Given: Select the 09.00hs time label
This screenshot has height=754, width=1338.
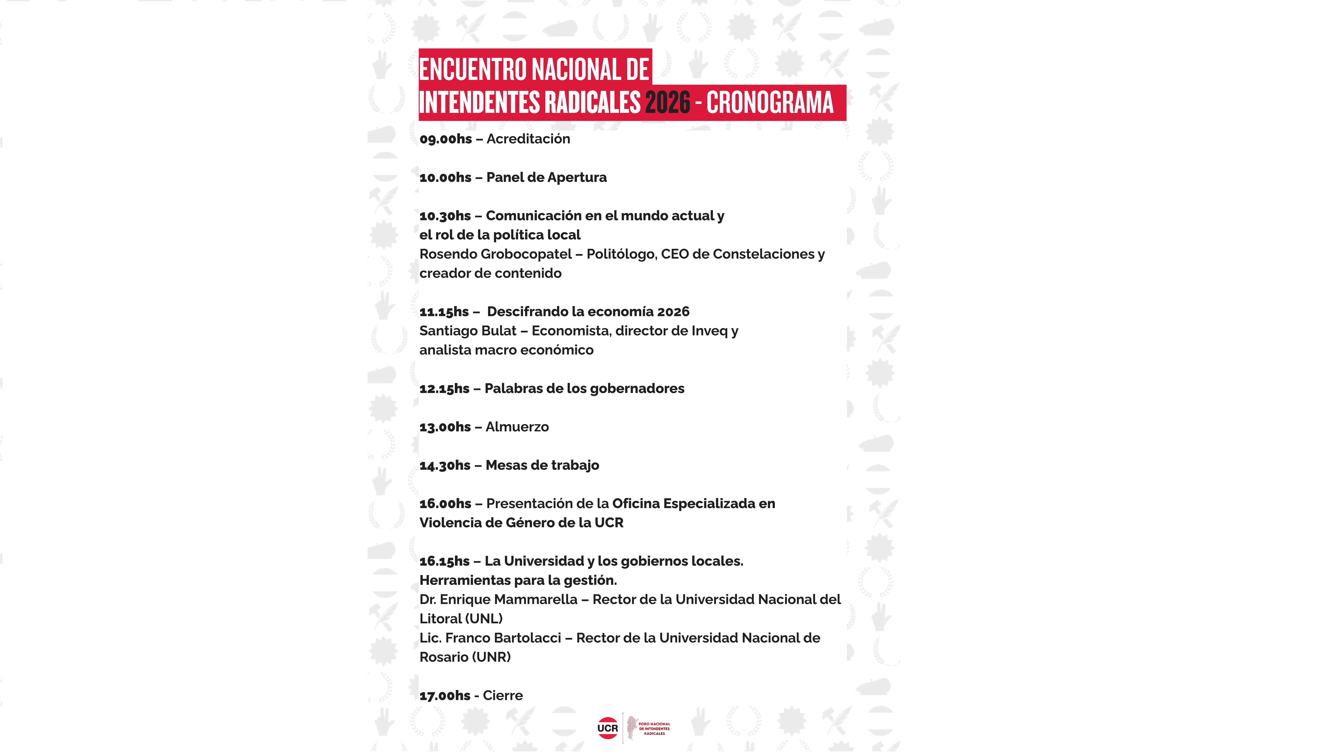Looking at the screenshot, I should click(x=446, y=139).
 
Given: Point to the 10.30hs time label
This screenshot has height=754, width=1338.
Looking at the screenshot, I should click(x=445, y=216).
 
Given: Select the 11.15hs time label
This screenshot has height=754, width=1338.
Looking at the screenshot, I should click(x=444, y=312).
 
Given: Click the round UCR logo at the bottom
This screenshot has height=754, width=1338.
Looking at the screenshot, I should click(x=607, y=728).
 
